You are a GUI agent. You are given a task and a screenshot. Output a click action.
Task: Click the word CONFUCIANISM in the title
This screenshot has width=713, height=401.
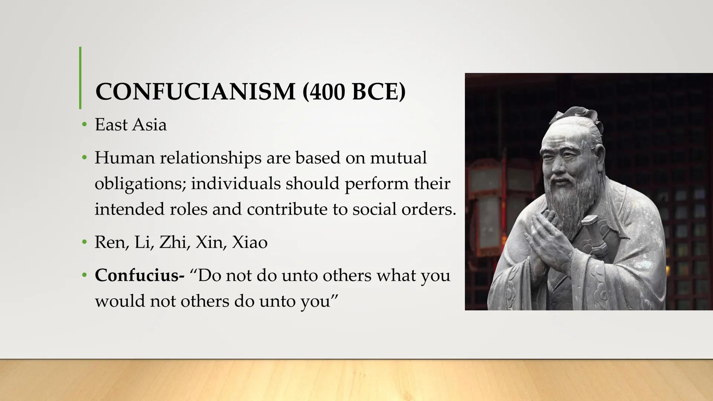click(195, 91)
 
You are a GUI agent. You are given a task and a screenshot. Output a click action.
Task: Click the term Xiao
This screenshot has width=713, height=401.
click(250, 242)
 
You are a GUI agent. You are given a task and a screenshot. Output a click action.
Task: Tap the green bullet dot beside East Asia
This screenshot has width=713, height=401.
click(85, 125)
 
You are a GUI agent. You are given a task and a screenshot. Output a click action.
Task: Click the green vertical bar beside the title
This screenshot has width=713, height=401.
click(80, 78)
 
